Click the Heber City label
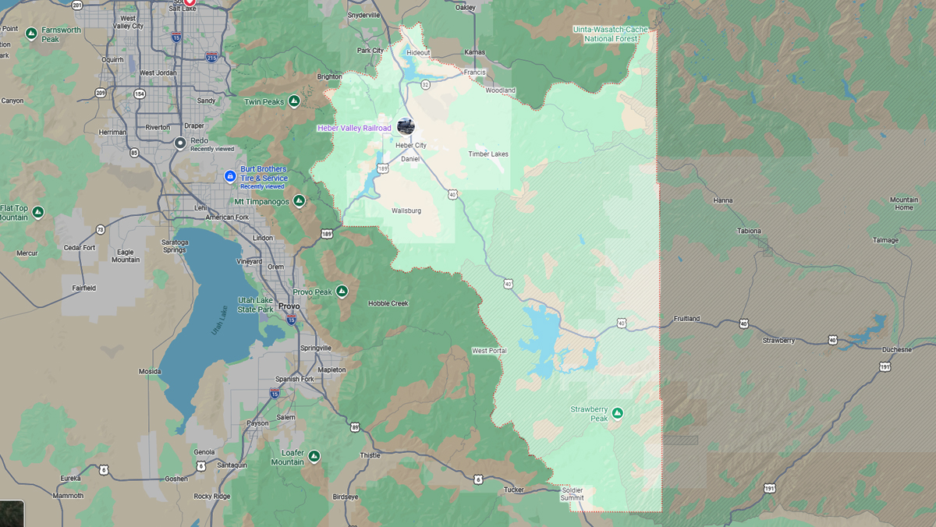tap(410, 145)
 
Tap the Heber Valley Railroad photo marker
tap(406, 126)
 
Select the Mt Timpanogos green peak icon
tap(299, 201)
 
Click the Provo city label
tap(289, 306)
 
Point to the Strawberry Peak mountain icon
tap(617, 412)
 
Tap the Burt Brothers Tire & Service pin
tap(230, 176)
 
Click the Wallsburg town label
tap(406, 210)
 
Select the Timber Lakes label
tap(488, 154)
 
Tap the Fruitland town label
tap(686, 318)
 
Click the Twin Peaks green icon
tap(294, 101)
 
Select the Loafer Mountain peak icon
tap(314, 455)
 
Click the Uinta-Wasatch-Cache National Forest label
tap(610, 34)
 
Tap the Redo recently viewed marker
tap(180, 143)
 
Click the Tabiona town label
tap(749, 231)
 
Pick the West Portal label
tap(489, 351)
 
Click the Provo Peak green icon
tap(342, 291)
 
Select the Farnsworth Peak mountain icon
tap(31, 34)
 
